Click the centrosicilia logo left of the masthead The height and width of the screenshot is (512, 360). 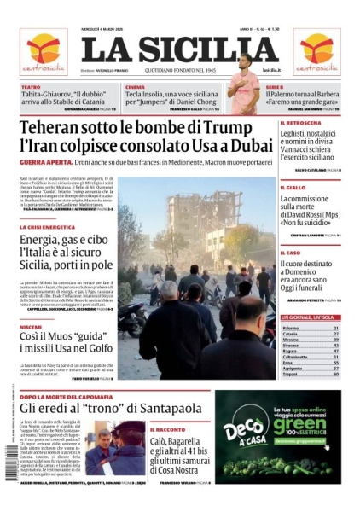(x=43, y=51)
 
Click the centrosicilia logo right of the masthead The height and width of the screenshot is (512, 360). (x=316, y=51)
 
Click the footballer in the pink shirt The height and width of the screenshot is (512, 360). (x=245, y=85)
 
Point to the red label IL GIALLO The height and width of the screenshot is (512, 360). (x=293, y=187)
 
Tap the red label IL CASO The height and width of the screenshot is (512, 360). (x=291, y=253)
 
